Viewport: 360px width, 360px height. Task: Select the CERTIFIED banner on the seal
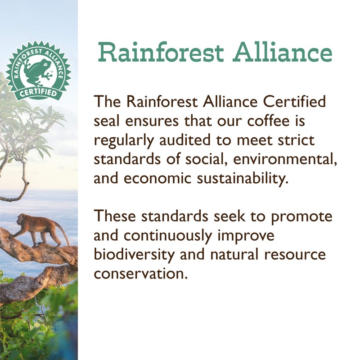[x=39, y=93]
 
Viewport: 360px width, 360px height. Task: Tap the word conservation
[x=140, y=274]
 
